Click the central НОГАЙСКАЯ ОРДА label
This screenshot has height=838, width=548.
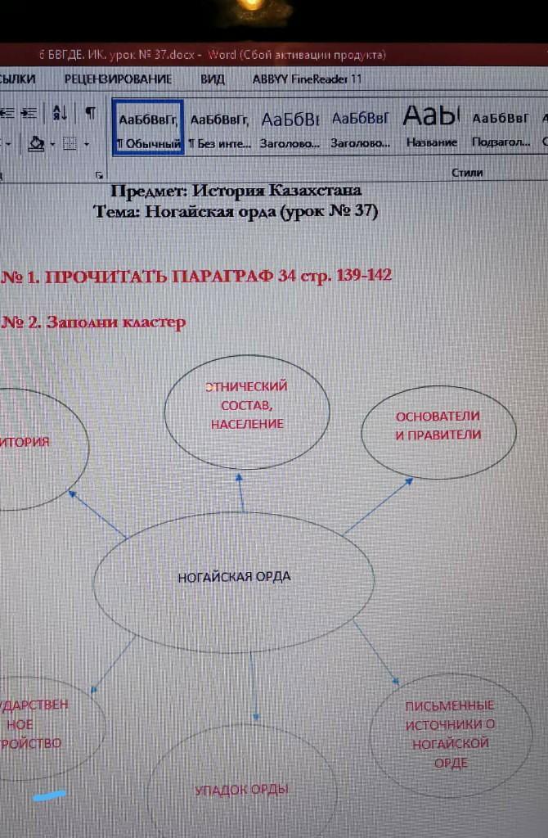pyautogui.click(x=234, y=577)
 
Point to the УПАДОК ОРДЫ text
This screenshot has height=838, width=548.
pyautogui.click(x=241, y=790)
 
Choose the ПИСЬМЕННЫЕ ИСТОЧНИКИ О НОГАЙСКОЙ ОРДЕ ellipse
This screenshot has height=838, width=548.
pyautogui.click(x=451, y=733)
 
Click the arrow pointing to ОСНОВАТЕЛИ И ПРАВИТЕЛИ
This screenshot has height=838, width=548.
pyautogui.click(x=378, y=507)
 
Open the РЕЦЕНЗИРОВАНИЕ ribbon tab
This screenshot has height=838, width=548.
pyautogui.click(x=118, y=79)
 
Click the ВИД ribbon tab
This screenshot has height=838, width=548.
pyautogui.click(x=213, y=79)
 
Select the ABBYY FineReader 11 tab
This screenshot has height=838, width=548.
pyautogui.click(x=307, y=79)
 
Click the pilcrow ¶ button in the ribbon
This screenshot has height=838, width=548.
pyautogui.click(x=89, y=112)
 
